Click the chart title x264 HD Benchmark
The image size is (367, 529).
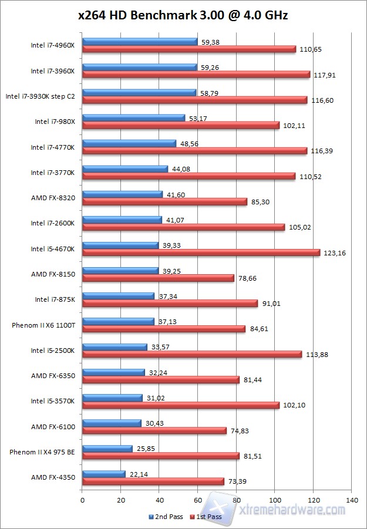pyautogui.click(x=183, y=16)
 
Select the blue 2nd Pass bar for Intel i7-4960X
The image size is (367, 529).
pyautogui.click(x=140, y=42)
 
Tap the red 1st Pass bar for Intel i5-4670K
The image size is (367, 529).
pyautogui.click(x=201, y=252)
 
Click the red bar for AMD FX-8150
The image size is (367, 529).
pyautogui.click(x=158, y=278)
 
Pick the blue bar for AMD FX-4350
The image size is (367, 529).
pyautogui.click(x=104, y=474)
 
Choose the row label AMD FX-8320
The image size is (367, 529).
pyautogui.click(x=53, y=197)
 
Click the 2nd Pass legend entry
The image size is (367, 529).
pyautogui.click(x=166, y=517)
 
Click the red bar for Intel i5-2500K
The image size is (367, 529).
pyautogui.click(x=192, y=354)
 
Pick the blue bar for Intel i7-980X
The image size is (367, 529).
pyautogui.click(x=134, y=118)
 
